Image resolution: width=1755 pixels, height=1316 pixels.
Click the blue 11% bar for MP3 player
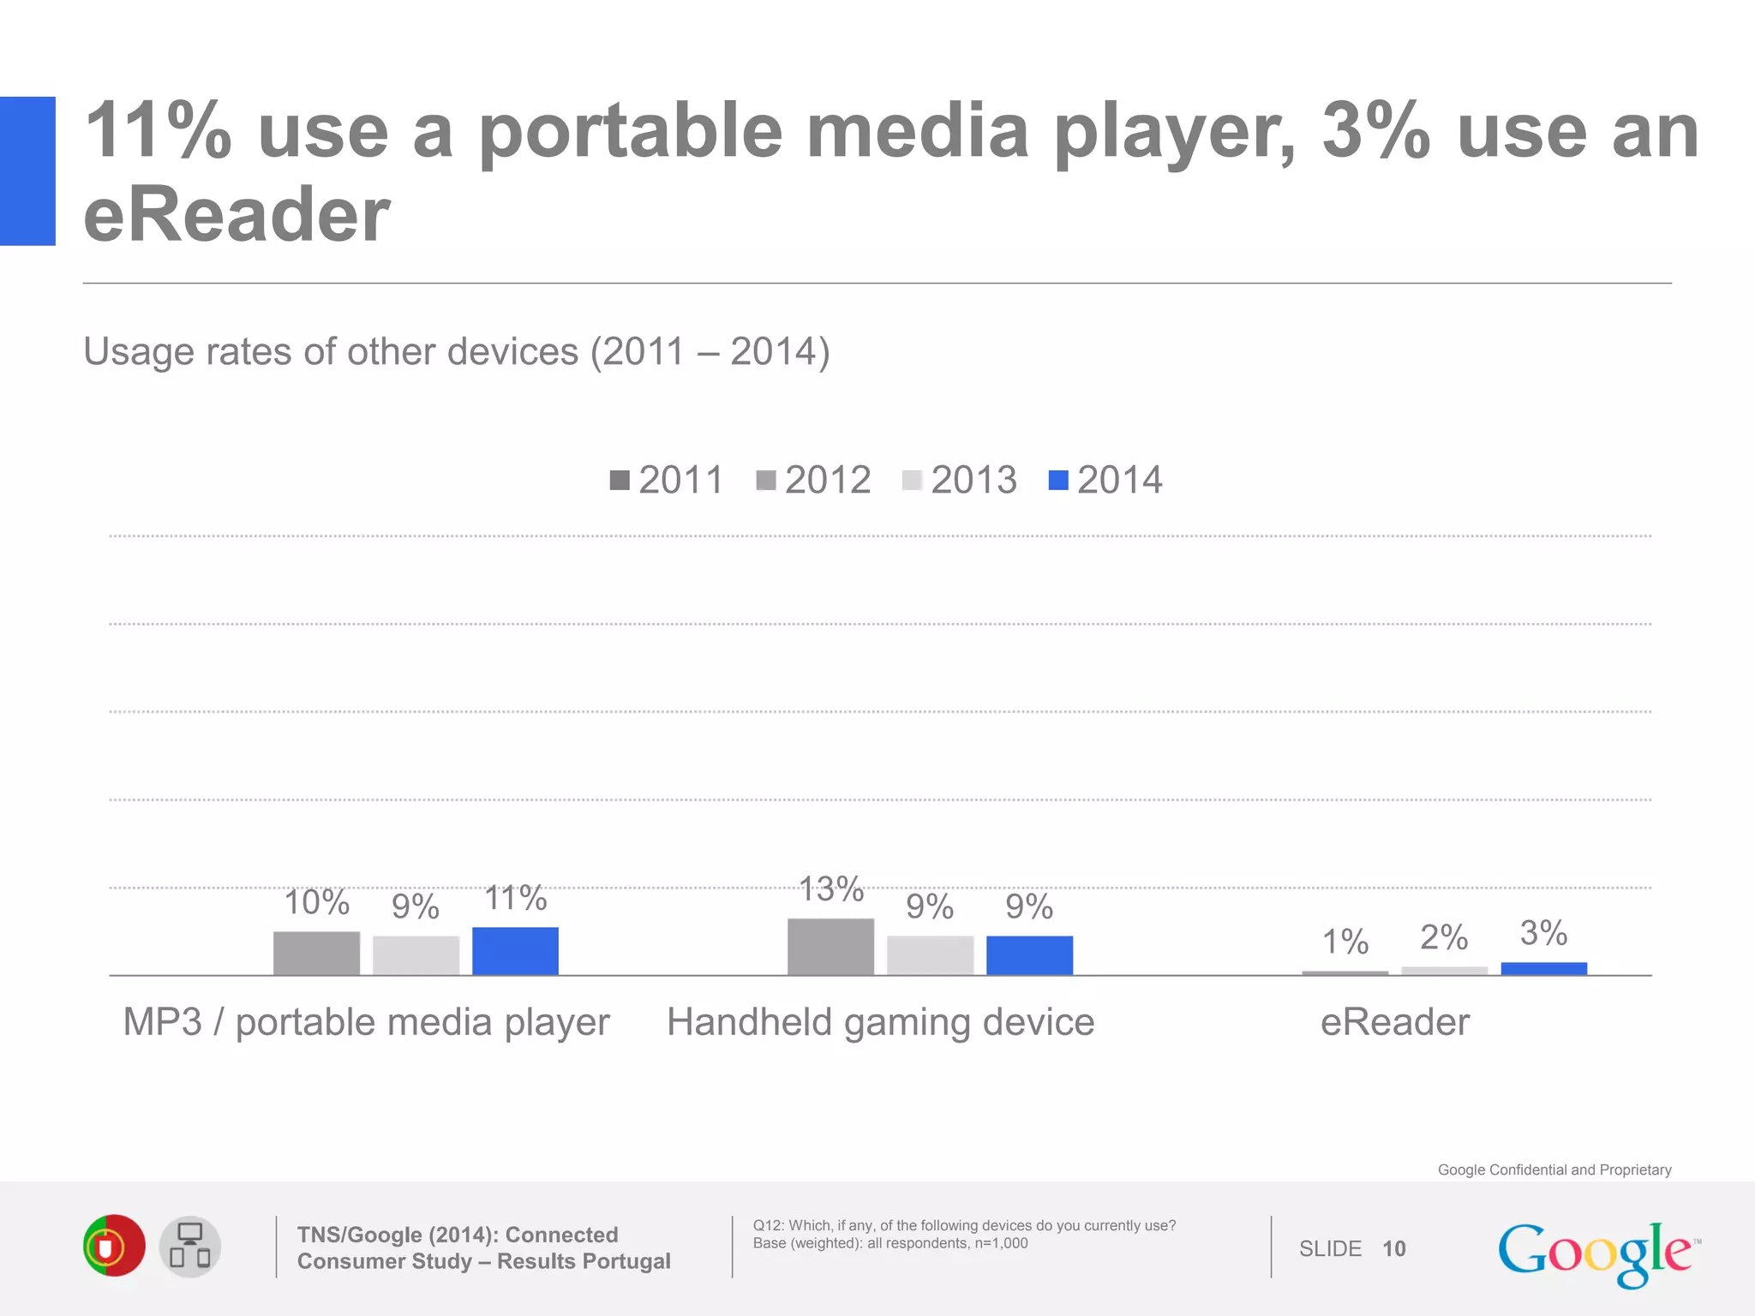coord(515,951)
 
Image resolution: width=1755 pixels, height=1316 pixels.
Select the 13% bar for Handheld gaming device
coord(830,947)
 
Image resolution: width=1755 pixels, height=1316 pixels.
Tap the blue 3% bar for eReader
coord(1543,968)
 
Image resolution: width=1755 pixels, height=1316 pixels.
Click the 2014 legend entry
coord(1105,480)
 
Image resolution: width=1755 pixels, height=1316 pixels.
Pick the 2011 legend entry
coord(667,480)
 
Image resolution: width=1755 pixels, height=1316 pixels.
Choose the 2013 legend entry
coord(960,480)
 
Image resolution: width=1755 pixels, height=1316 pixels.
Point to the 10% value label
coord(316,902)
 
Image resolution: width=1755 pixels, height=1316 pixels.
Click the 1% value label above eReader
coord(1345,942)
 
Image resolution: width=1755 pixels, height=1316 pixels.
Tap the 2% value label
coord(1444,937)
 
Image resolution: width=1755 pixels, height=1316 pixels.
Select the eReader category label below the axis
coord(1394,1022)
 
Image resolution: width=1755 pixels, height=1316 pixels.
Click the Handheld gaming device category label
coord(880,1022)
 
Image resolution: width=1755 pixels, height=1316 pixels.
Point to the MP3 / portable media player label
coord(366,1022)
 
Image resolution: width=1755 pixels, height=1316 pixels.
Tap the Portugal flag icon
coord(114,1246)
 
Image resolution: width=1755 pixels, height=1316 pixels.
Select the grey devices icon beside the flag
coord(190,1247)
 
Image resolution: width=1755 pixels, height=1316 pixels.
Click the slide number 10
coord(1393,1249)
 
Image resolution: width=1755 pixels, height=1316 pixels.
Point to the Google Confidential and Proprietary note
coord(1554,1169)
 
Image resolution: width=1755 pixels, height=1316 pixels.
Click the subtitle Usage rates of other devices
coord(456,351)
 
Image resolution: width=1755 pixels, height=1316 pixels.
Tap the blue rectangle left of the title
coord(27,171)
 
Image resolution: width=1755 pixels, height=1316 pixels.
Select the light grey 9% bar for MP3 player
coord(416,955)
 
